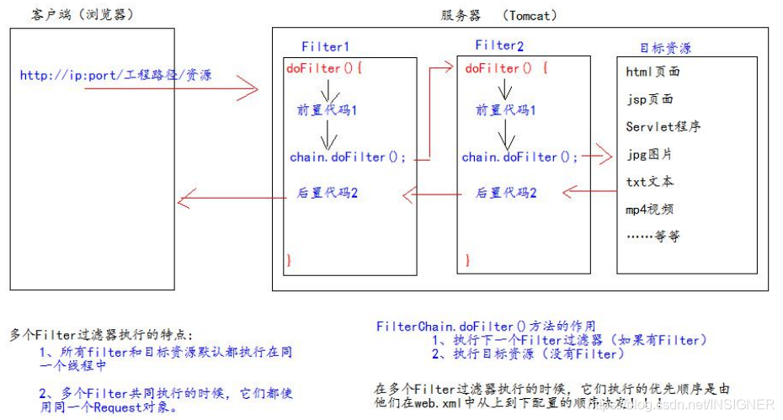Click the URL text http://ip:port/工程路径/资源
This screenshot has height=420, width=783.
coord(115,76)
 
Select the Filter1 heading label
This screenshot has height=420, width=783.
coord(325,46)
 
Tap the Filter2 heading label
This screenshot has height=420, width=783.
coord(498,45)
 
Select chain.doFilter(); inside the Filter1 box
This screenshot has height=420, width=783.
coord(348,157)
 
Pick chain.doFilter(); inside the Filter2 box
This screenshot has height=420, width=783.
coord(520,157)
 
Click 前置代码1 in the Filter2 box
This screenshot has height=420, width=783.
coord(506,110)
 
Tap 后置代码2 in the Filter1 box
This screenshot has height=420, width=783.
coord(328,193)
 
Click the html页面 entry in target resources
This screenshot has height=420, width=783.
coord(653,72)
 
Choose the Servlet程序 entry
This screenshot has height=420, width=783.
coord(663,127)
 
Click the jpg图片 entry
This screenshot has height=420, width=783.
coord(649,155)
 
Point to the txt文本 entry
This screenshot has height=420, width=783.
coord(650,182)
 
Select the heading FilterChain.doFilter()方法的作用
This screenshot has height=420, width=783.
coord(486,326)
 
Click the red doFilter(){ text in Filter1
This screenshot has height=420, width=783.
coord(324,67)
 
